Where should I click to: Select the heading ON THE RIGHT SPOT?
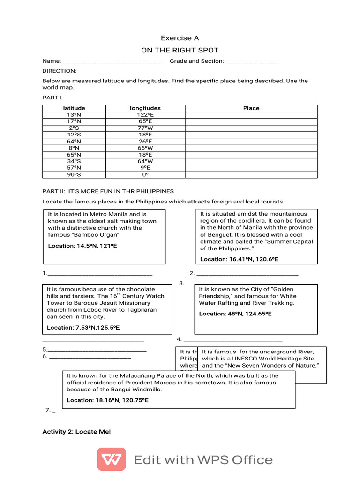click(x=180, y=50)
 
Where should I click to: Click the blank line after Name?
click(x=112, y=61)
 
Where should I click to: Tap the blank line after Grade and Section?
click(x=252, y=61)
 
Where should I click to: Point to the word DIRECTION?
click(x=59, y=71)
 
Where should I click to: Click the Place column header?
click(x=251, y=108)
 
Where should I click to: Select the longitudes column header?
click(x=145, y=108)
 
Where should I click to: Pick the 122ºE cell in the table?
click(x=145, y=114)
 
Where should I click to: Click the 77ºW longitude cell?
click(x=145, y=127)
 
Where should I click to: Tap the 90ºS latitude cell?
click(x=74, y=174)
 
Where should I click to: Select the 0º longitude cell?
click(x=145, y=174)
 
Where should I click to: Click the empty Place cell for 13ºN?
click(x=251, y=114)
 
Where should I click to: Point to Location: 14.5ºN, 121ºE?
click(x=82, y=246)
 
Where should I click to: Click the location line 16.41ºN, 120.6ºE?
click(x=239, y=259)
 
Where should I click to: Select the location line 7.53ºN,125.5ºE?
click(x=83, y=327)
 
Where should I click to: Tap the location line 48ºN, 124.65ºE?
click(x=235, y=314)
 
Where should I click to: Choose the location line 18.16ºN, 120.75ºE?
click(x=107, y=400)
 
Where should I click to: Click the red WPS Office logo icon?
click(x=111, y=459)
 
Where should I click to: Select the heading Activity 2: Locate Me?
click(x=77, y=431)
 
